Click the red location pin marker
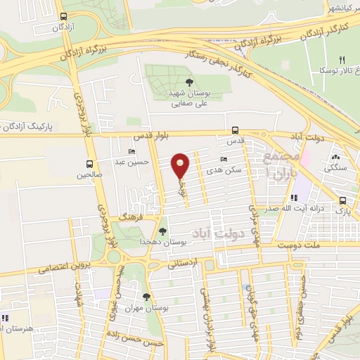pyautogui.click(x=181, y=165)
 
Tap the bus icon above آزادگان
pyautogui.click(x=64, y=16)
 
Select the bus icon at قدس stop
pyautogui.click(x=236, y=130)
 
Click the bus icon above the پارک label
pyautogui.click(x=342, y=200)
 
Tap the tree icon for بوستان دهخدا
pyautogui.click(x=163, y=231)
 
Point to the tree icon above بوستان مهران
pyautogui.click(x=146, y=297)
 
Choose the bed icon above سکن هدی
pyautogui.click(x=224, y=160)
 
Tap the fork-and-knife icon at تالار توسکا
pyautogui.click(x=342, y=60)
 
